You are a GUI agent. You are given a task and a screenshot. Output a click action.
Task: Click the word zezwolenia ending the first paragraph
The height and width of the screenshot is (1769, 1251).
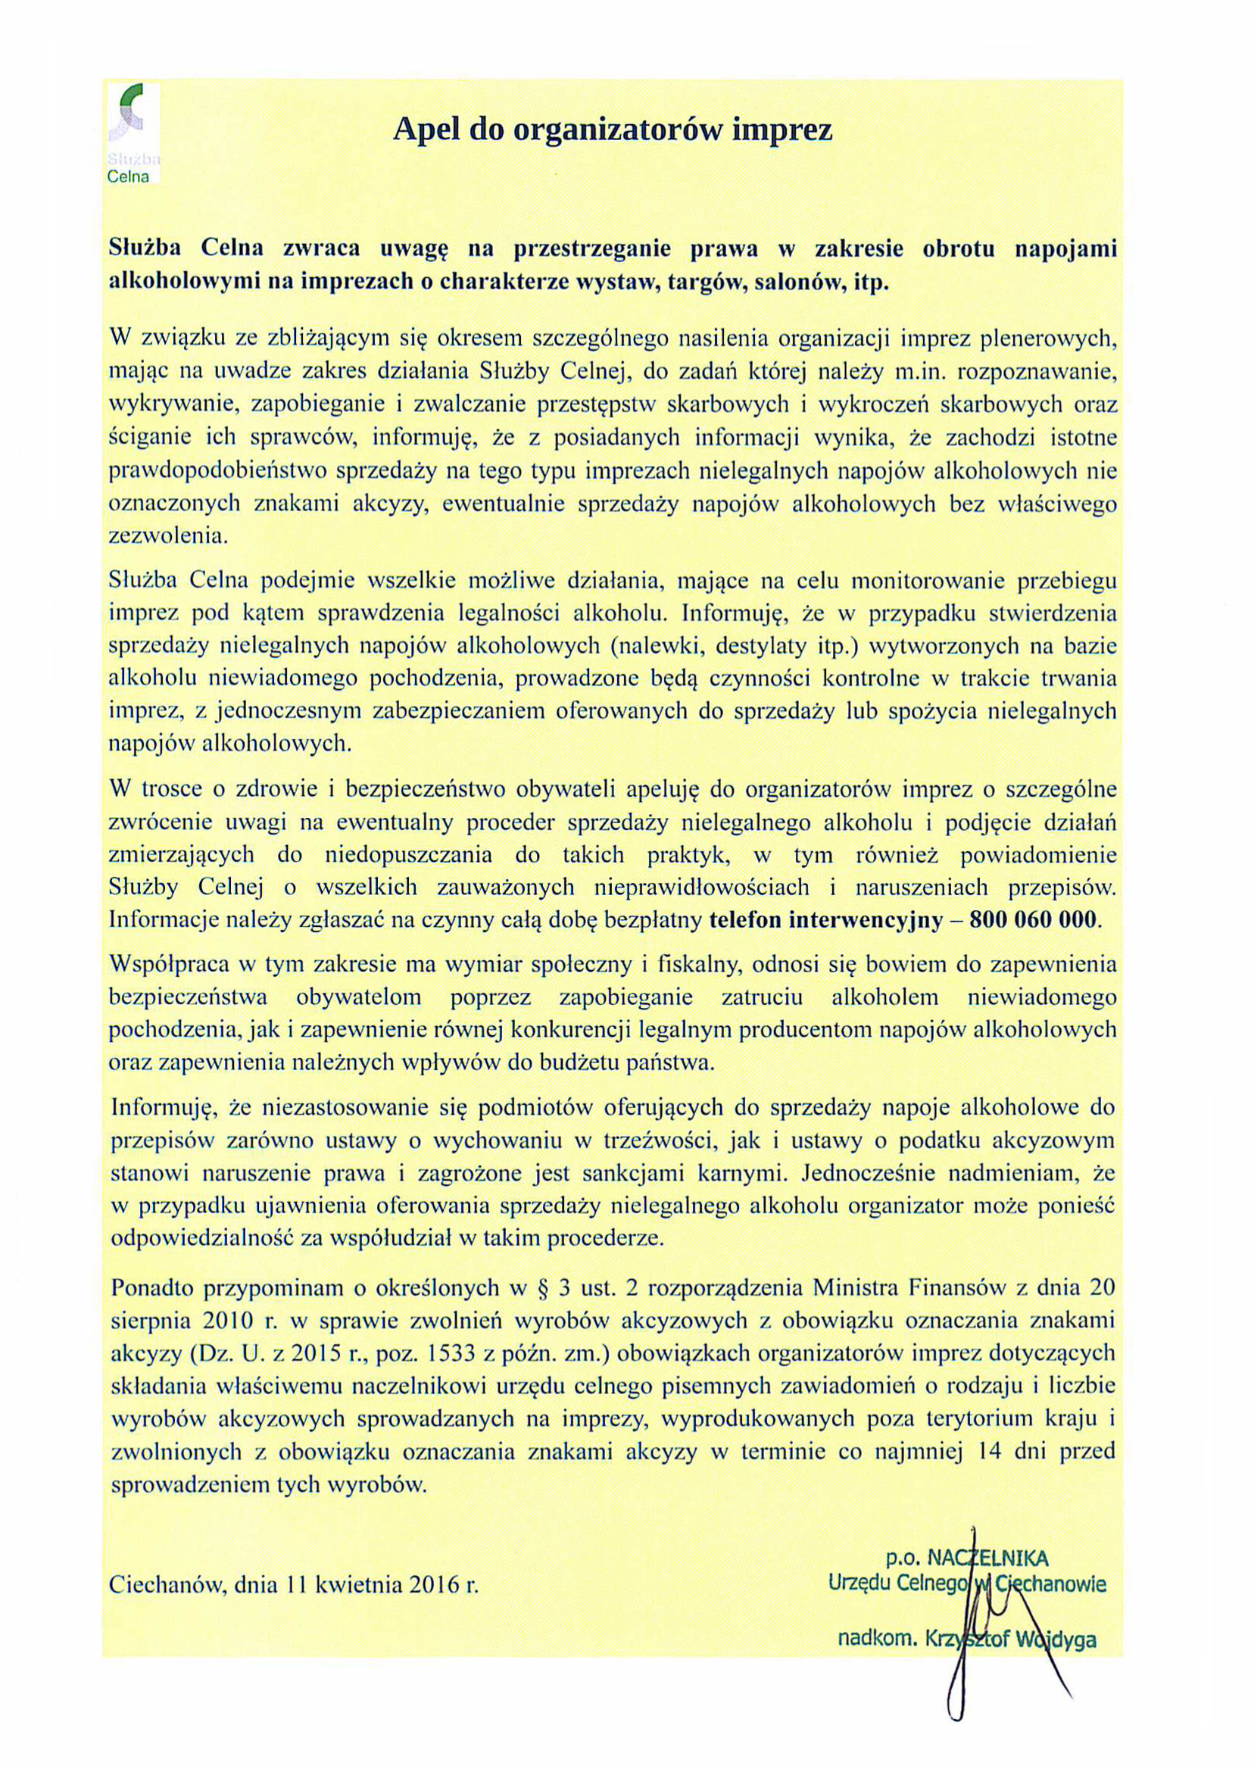click(x=169, y=536)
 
